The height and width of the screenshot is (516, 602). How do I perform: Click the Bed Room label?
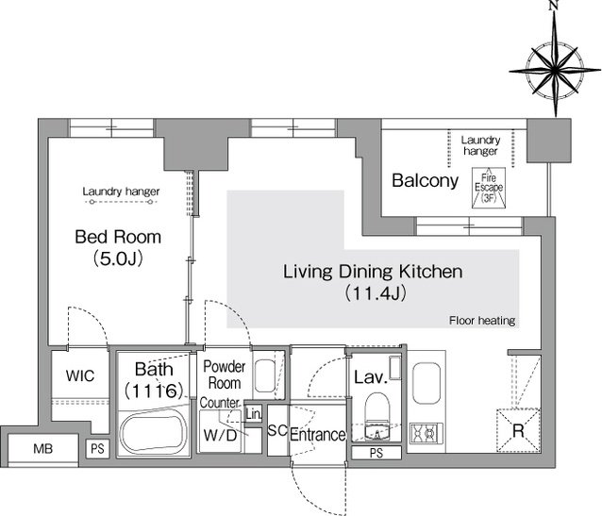(x=118, y=237)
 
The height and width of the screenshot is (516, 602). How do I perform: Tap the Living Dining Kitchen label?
(x=373, y=272)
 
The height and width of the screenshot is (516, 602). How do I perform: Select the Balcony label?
(x=425, y=180)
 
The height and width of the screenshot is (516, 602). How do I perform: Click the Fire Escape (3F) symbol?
(x=489, y=188)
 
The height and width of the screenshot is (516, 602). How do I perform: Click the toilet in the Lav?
(x=377, y=408)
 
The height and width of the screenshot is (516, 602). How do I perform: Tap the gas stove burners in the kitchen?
(x=426, y=432)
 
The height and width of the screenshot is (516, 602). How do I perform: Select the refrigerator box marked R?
(x=518, y=430)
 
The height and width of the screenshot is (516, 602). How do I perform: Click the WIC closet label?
(x=80, y=375)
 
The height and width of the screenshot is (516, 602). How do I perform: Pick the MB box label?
(x=43, y=448)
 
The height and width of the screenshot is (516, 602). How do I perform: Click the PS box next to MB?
(x=97, y=448)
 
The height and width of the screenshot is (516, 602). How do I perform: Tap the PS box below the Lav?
(x=376, y=453)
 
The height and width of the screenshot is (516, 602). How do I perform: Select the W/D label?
(x=220, y=435)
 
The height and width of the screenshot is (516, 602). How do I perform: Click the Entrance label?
(x=317, y=435)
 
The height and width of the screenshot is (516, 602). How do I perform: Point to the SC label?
(x=277, y=430)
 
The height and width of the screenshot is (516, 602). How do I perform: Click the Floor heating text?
(x=482, y=320)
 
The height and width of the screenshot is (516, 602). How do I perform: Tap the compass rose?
(x=555, y=71)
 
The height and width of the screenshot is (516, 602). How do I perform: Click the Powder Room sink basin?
(x=265, y=375)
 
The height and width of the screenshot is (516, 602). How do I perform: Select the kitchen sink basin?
(x=426, y=384)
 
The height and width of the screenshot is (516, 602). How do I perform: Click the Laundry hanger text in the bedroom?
(x=121, y=191)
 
